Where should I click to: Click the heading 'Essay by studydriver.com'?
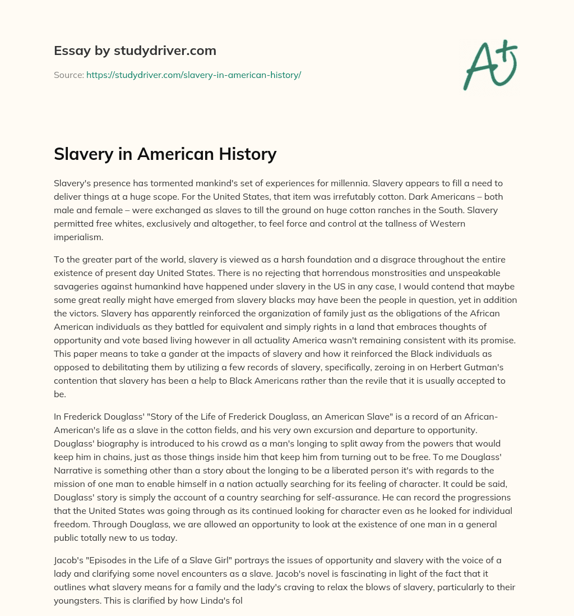tap(135, 51)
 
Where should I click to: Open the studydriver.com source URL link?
tap(193, 75)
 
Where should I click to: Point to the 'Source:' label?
tap(68, 75)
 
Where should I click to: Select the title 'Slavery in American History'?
tap(165, 154)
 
